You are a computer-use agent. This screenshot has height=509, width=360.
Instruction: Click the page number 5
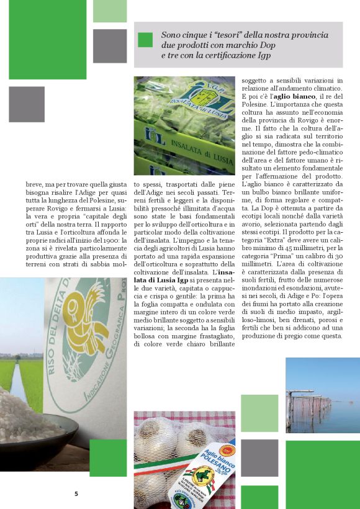76,494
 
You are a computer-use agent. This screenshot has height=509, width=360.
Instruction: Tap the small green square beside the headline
145,40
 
